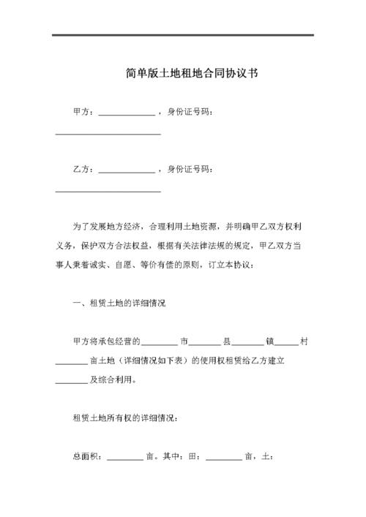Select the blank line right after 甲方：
click(126, 114)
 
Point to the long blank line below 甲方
click(108, 133)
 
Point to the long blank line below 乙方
click(108, 192)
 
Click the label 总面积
click(85, 457)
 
